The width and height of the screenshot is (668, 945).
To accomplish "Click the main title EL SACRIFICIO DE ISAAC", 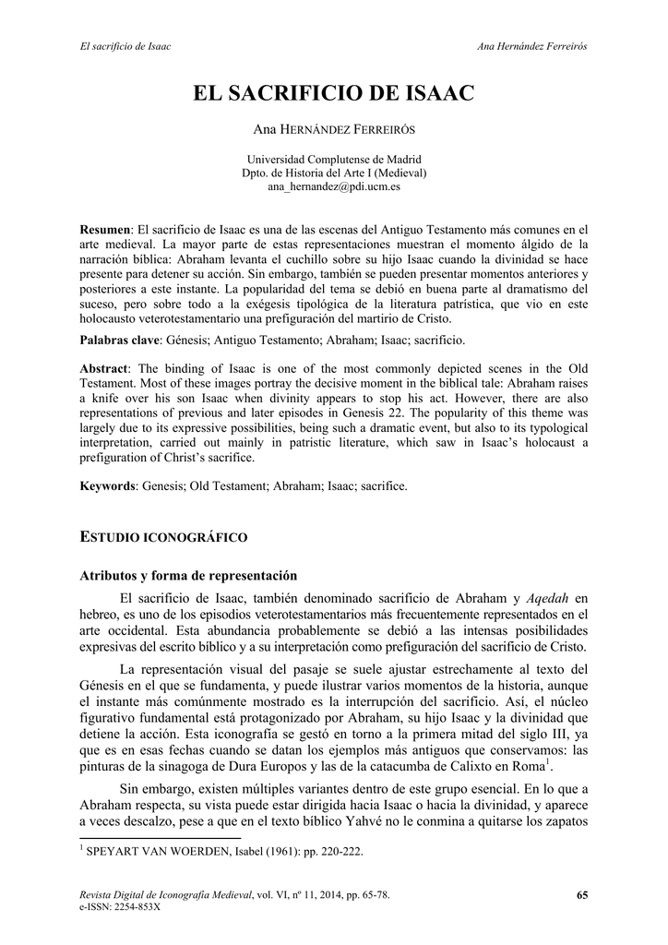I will (x=333, y=93).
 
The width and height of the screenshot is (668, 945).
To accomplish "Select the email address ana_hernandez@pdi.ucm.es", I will (x=333, y=186).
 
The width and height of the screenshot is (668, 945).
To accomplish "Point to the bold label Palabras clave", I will (x=119, y=341).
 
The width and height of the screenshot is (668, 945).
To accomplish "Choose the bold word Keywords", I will (x=106, y=485).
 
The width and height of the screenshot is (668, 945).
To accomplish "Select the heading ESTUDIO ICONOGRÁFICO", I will (x=163, y=536).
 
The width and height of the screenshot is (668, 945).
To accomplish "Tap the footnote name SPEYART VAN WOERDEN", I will (x=152, y=852).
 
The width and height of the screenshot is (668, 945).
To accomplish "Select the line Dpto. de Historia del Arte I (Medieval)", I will (x=333, y=173).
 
